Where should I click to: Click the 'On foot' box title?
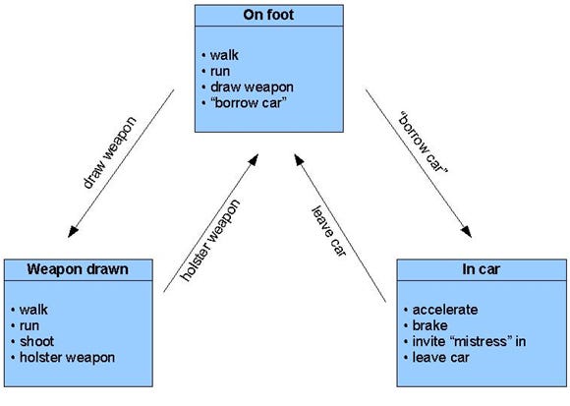tap(268, 15)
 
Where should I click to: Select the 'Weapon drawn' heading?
tap(78, 269)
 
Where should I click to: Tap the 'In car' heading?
tap(482, 269)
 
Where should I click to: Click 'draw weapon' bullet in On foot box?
tap(252, 87)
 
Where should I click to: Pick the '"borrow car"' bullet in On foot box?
tap(249, 103)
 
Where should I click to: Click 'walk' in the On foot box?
tap(224, 55)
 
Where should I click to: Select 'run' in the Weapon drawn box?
tap(29, 325)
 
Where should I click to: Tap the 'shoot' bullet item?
tap(36, 342)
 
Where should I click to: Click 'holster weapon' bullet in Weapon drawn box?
tap(67, 358)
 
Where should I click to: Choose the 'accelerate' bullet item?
tap(445, 310)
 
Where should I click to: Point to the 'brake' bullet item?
tap(429, 325)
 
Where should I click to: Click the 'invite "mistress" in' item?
tap(469, 342)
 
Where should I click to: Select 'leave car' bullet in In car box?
tap(440, 358)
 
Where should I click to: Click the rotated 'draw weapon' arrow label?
tap(109, 152)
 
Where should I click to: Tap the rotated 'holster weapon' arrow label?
tap(210, 241)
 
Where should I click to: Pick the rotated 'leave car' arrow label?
tap(329, 232)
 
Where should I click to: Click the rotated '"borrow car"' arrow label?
tap(424, 143)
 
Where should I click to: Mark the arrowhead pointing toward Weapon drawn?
tap(73, 232)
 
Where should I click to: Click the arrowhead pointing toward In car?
tap(467, 232)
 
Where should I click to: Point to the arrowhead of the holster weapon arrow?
tap(254, 159)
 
